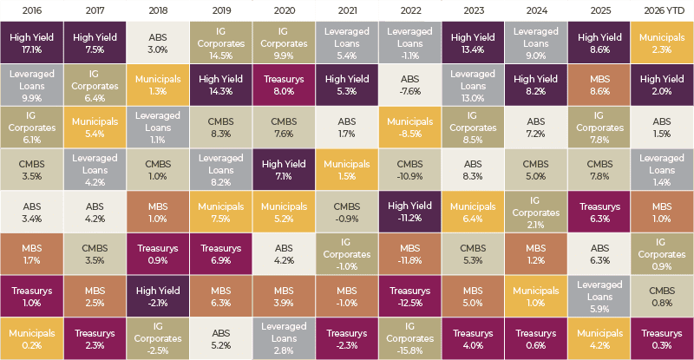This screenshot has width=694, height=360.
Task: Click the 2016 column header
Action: click(32, 10)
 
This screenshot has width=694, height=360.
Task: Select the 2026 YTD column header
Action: click(662, 10)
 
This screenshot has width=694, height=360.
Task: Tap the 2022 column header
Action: click(410, 10)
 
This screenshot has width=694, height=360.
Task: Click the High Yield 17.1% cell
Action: click(32, 43)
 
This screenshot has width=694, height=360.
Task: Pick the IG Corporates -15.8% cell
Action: click(409, 338)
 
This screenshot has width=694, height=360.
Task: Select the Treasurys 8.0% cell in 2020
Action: click(284, 85)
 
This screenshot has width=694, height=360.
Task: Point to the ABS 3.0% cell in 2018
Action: click(158, 43)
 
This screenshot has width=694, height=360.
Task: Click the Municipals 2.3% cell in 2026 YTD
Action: click(662, 43)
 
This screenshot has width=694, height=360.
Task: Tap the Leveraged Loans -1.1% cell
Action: click(409, 43)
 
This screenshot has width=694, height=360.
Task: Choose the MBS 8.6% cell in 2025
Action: click(599, 85)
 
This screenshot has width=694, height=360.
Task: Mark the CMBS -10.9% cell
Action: click(409, 170)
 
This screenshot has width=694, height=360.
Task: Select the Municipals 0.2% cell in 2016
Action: click(32, 338)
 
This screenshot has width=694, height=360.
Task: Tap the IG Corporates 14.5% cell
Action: click(221, 43)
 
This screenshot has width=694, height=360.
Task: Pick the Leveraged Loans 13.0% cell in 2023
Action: click(473, 85)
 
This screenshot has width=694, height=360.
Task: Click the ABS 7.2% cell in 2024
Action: click(536, 128)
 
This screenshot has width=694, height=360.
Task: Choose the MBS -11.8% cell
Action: click(409, 254)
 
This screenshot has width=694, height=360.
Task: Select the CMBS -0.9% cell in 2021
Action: click(347, 212)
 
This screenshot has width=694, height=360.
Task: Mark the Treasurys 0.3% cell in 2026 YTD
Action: click(662, 338)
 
